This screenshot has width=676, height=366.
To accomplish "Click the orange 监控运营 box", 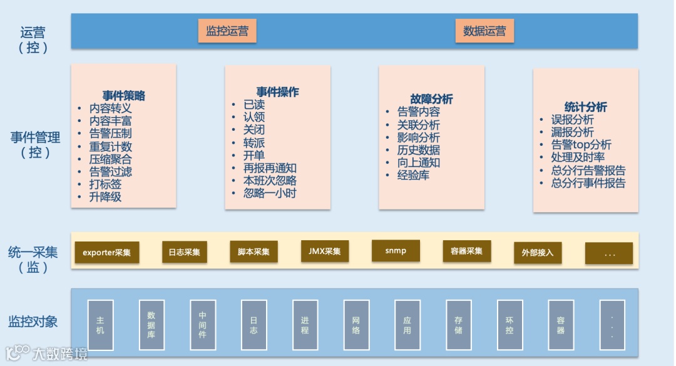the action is click(227, 31).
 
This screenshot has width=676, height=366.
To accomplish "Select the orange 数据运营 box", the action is click(484, 31).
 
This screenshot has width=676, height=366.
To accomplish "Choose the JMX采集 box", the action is click(325, 252).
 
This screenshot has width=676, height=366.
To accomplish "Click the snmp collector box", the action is click(396, 250).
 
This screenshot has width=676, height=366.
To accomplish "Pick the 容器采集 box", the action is click(466, 252).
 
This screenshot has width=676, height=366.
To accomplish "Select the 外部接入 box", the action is click(537, 253).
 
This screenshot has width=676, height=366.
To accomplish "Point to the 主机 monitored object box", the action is click(100, 325).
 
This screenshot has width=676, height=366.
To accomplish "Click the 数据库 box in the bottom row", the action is click(151, 325).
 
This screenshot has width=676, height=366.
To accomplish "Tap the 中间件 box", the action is click(202, 325).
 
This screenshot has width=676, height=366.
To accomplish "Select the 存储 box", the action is click(459, 325).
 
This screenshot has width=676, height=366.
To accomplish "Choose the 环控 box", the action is click(510, 325).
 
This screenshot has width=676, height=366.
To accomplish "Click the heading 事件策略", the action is click(124, 96).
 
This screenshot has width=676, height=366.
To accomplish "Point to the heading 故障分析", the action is click(431, 99).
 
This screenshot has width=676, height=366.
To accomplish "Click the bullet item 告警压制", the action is click(110, 133).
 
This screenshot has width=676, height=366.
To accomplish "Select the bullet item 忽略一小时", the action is click(270, 193).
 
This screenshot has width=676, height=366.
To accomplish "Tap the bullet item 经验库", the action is click(413, 175).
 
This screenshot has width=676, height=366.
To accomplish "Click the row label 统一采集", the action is click(33, 252).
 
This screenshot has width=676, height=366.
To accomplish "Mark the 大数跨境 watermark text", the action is click(60, 353).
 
